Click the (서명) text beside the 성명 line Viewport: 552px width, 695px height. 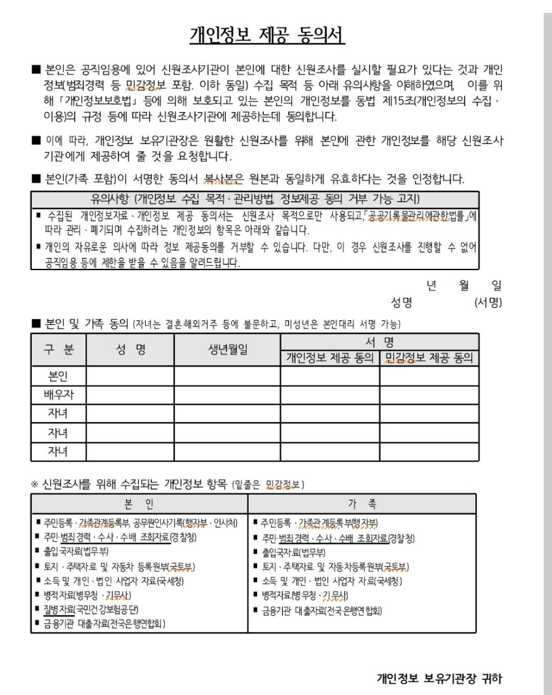[488, 302]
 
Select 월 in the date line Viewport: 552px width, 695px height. [464, 286]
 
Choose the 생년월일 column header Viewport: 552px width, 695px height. [227, 350]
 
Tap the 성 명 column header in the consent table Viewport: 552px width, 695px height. [130, 350]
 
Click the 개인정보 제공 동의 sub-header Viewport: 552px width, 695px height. [330, 358]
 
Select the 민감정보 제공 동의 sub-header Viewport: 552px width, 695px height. [429, 358]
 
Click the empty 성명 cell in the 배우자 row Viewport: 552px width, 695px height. [130, 394]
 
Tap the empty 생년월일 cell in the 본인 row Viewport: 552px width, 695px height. [227, 376]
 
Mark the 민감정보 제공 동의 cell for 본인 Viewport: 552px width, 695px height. [429, 376]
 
